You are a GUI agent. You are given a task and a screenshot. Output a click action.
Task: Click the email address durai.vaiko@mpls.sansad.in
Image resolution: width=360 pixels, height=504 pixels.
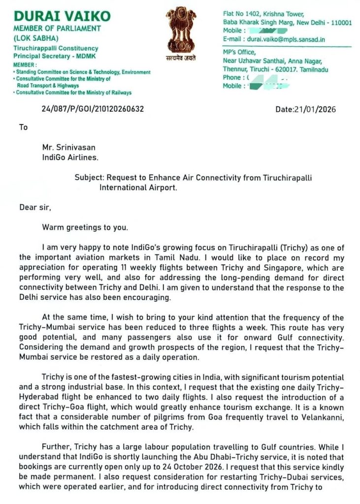coord(288,39)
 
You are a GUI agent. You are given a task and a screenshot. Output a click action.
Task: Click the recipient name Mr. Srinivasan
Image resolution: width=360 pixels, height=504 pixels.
coord(72,148)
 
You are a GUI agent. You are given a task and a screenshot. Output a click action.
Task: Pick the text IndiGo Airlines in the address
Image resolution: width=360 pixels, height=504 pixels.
coord(70,157)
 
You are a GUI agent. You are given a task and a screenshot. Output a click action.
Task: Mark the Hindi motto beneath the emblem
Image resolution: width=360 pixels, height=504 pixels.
coord(181,58)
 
